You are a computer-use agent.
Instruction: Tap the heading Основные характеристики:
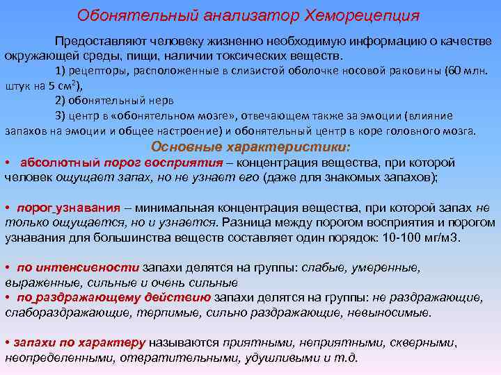[251, 147]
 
